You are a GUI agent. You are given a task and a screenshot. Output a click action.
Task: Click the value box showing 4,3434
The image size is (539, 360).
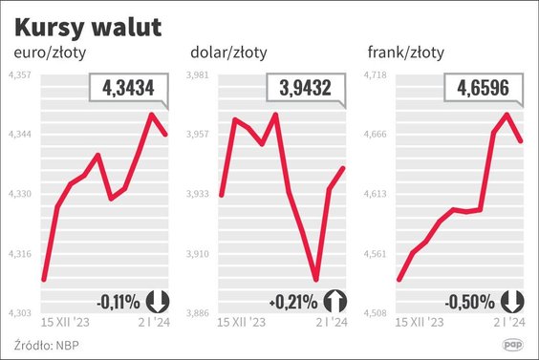pyautogui.click(x=127, y=90)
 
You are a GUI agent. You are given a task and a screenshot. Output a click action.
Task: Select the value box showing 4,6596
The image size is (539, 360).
pyautogui.click(x=483, y=90)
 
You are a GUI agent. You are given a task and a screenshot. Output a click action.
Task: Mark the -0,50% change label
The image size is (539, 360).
pyautogui.click(x=471, y=302)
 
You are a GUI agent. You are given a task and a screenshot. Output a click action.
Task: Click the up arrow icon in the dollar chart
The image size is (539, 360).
pyautogui.click(x=334, y=301)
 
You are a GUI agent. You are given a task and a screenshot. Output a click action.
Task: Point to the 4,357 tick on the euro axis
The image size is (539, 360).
pyautogui.click(x=20, y=74)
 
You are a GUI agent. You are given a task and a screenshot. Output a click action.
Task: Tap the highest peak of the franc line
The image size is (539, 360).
pyautogui.click(x=507, y=115)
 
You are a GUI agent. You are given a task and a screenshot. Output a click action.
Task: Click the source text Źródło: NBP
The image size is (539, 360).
pyautogui.click(x=45, y=344)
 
